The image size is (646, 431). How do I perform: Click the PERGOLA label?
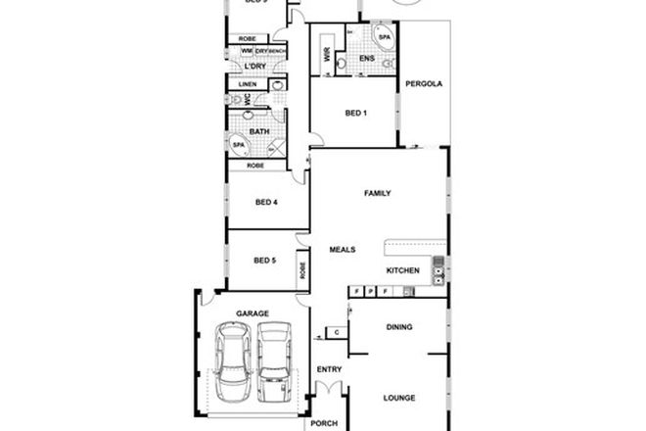pyautogui.click(x=426, y=84)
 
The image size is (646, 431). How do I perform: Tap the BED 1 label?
pyautogui.click(x=356, y=113)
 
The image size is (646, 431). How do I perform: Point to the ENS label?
pyautogui.click(x=367, y=60)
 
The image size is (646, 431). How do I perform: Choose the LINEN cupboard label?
pyautogui.click(x=248, y=85)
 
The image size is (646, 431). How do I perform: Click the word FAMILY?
pyautogui.click(x=378, y=193)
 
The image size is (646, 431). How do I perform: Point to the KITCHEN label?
pyautogui.click(x=403, y=270)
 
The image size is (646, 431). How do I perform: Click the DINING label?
pyautogui.click(x=398, y=328)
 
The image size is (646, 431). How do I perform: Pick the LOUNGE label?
pyautogui.click(x=399, y=398)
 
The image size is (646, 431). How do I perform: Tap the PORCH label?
pyautogui.click(x=322, y=425)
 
